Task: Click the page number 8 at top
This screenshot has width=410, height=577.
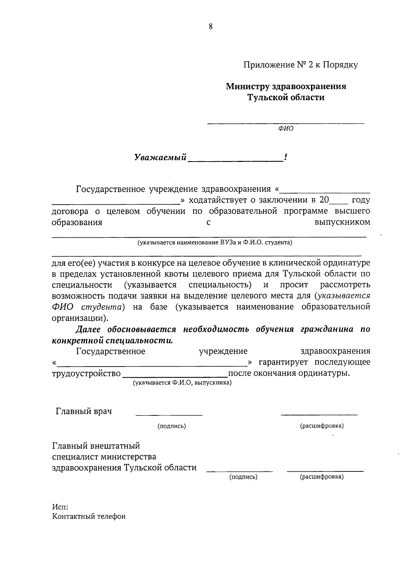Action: (210, 27)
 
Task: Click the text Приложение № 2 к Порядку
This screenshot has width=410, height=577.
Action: (300, 65)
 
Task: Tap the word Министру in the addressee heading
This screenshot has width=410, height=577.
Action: (247, 86)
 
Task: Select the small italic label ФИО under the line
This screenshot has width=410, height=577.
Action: (286, 129)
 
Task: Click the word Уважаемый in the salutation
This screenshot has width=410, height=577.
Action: (160, 157)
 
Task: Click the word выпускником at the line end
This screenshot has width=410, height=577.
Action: (342, 222)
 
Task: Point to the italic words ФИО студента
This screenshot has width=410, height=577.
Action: (88, 307)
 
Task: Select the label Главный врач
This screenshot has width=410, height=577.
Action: (84, 411)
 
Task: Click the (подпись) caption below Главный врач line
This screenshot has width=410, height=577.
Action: (172, 426)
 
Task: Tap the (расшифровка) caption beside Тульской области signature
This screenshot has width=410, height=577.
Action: (322, 477)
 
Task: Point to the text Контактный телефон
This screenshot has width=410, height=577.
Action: (89, 516)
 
